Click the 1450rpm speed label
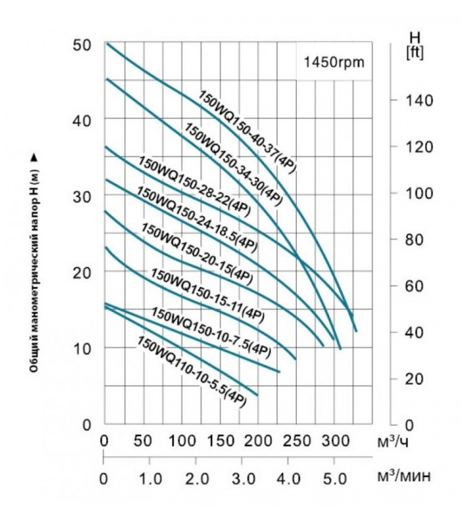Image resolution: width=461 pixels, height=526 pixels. [334, 62]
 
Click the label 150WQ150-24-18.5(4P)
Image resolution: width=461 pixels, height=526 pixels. [197, 219]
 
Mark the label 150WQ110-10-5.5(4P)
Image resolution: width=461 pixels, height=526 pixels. [191, 371]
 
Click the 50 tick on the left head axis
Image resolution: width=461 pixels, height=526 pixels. [81, 45]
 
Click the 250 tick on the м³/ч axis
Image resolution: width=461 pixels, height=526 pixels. [296, 441]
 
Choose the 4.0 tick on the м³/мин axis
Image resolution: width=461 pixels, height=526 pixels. [288, 479]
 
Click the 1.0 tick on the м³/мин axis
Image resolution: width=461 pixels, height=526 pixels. [149, 479]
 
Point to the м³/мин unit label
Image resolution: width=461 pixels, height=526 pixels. [403, 476]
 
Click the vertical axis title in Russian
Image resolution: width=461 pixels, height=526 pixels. [34, 263]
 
